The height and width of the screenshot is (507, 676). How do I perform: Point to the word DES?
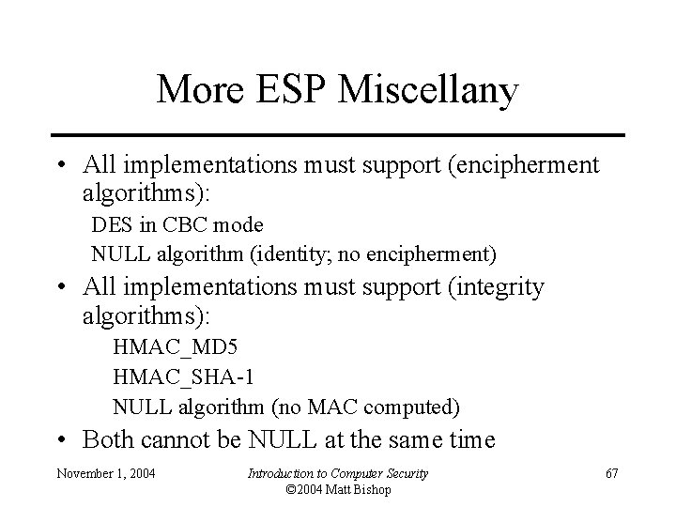pyautogui.click(x=108, y=225)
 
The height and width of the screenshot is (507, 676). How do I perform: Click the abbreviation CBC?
pyautogui.click(x=170, y=225)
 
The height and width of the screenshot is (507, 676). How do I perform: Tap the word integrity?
pyautogui.click(x=497, y=287)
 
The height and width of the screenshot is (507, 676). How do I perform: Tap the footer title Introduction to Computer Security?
pyautogui.click(x=337, y=473)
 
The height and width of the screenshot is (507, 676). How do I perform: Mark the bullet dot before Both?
pyautogui.click(x=61, y=439)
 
